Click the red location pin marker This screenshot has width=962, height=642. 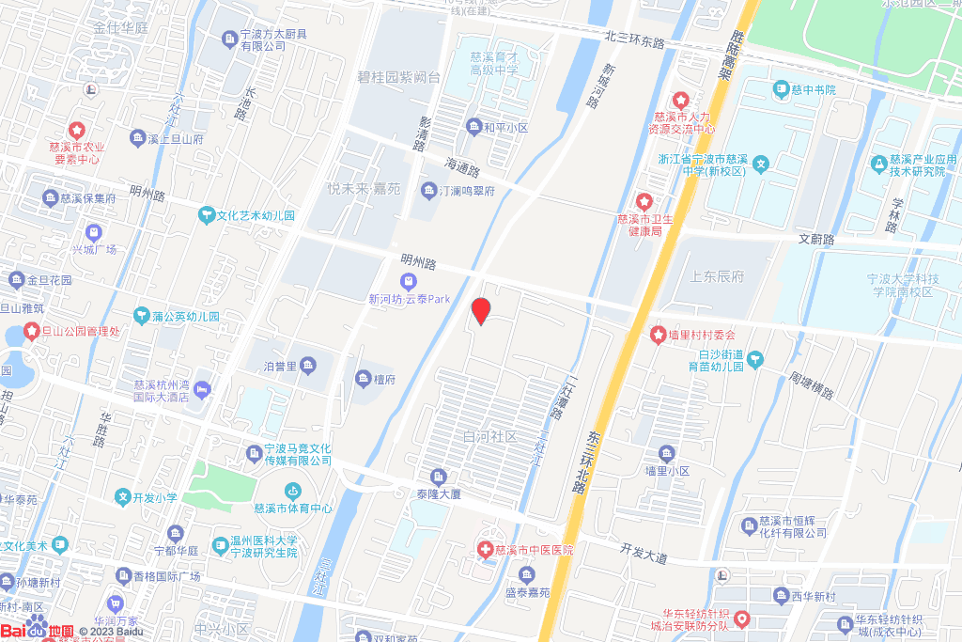tap(481, 310)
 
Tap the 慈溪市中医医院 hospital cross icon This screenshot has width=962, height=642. tap(485, 549)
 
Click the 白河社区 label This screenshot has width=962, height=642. tap(489, 437)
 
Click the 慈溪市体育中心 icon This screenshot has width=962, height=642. tap(293, 491)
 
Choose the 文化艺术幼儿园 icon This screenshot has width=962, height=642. tap(206, 215)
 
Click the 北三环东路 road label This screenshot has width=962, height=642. tap(634, 42)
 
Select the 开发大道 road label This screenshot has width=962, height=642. tap(644, 553)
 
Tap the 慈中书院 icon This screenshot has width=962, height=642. tap(781, 89)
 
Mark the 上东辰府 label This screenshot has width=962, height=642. tap(716, 277)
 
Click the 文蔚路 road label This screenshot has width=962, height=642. tap(815, 241)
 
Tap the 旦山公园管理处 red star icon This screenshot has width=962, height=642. tap(31, 331)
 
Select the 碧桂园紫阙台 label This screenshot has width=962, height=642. tap(399, 77)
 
